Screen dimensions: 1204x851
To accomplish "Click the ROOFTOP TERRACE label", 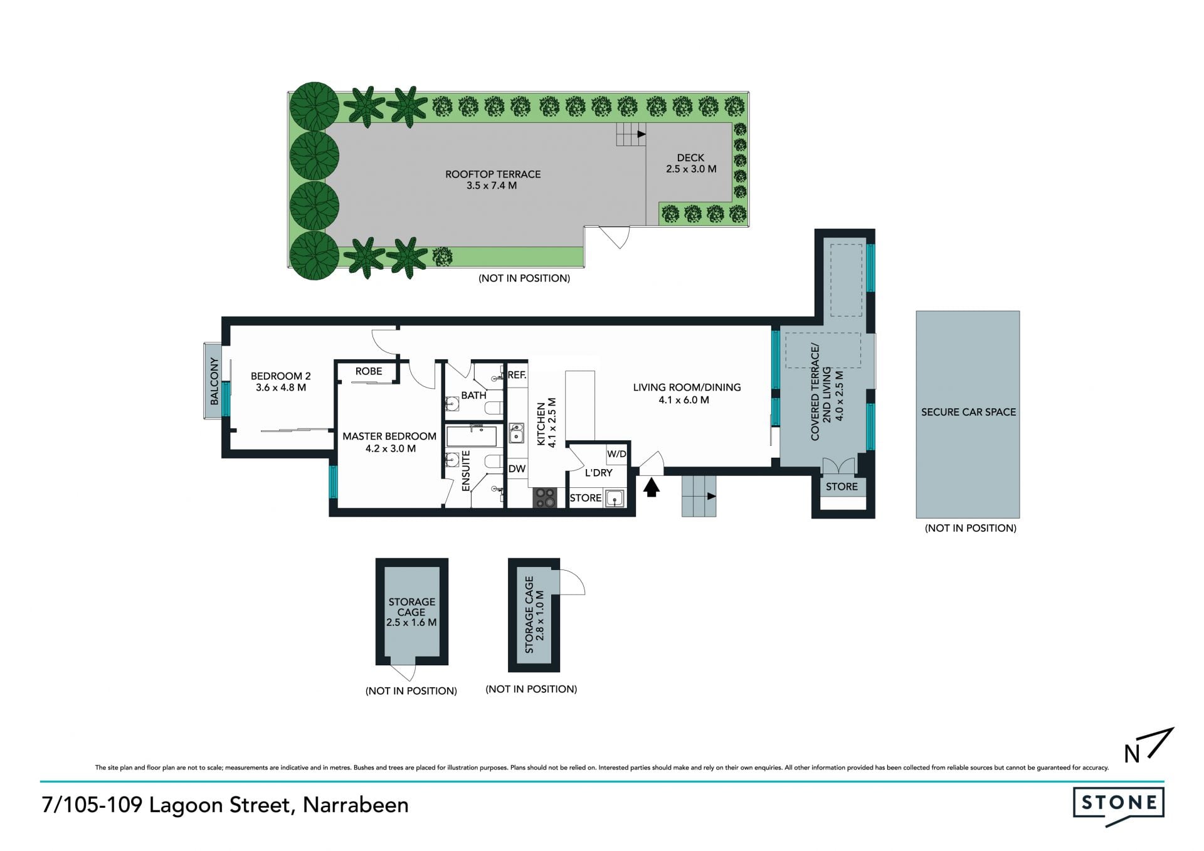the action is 493,174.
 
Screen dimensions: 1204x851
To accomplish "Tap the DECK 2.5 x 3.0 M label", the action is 690,163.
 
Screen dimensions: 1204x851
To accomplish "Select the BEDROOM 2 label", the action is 281,376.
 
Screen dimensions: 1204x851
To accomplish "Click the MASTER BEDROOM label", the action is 389,436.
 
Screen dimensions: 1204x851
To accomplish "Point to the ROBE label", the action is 369,371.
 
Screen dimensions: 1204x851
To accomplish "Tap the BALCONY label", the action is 214,381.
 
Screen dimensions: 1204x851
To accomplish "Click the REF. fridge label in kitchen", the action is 517,375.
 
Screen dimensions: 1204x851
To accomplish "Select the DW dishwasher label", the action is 517,468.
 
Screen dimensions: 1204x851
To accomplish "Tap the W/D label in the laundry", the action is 616,453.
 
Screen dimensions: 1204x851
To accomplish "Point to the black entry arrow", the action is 652,487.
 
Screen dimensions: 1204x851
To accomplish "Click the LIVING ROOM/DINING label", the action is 687,388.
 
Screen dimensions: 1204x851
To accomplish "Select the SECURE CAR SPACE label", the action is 968,412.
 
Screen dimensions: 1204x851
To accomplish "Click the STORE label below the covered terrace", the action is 842,487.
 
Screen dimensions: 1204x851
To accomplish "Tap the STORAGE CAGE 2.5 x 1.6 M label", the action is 411,612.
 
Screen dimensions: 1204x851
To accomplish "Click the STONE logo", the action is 1118,803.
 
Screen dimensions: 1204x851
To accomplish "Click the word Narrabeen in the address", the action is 356,805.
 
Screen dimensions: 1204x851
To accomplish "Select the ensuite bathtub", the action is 471,436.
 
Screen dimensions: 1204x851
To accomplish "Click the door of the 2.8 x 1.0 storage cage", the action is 571,581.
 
